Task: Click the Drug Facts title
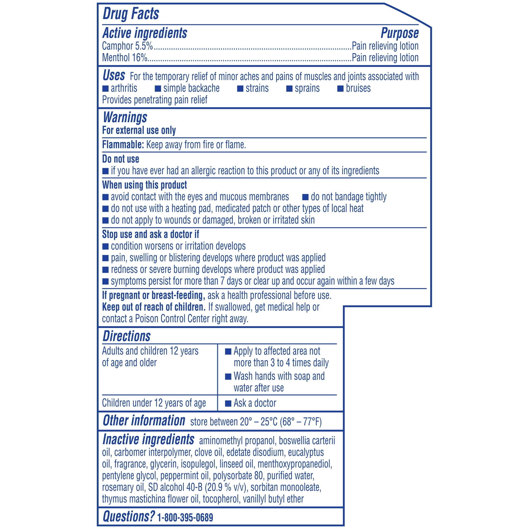click(131, 14)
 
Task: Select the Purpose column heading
click(399, 33)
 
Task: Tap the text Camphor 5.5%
click(127, 46)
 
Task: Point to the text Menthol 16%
click(125, 58)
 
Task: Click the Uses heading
click(114, 76)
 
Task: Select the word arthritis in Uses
click(124, 88)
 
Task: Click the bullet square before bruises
click(340, 89)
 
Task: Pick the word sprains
click(307, 88)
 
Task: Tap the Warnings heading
click(125, 117)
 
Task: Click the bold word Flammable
click(123, 145)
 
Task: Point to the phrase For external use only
click(139, 131)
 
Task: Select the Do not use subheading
click(120, 159)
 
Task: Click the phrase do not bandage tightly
click(349, 197)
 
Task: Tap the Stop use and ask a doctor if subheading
click(150, 234)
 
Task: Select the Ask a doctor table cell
click(255, 403)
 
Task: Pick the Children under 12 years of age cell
click(154, 403)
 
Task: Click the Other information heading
click(144, 421)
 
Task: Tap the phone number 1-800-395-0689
click(185, 518)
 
